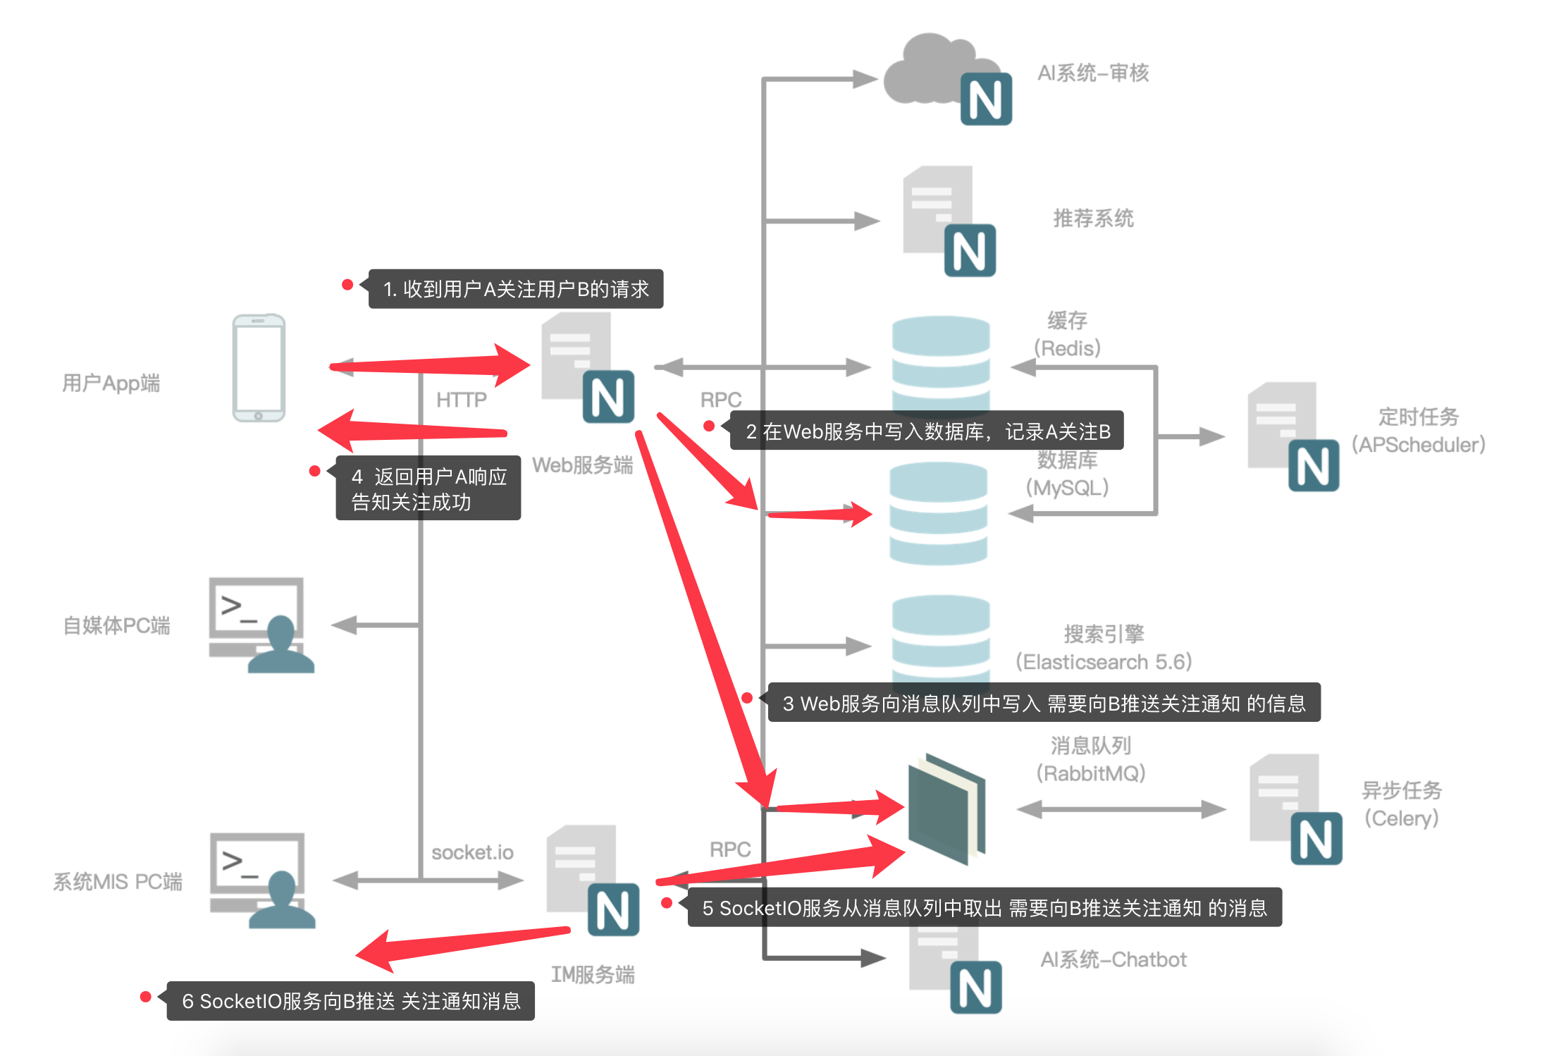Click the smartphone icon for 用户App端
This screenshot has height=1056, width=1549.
pyautogui.click(x=259, y=368)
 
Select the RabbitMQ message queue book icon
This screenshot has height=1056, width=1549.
pyautogui.click(x=946, y=809)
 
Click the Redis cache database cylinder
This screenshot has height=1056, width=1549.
pyautogui.click(x=941, y=364)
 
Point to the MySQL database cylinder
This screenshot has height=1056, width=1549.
pyautogui.click(x=938, y=514)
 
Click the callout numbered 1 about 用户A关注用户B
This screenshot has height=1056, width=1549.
pyautogui.click(x=515, y=289)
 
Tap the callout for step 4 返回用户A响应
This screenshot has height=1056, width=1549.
pyautogui.click(x=428, y=488)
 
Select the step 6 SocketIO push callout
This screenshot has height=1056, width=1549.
pyautogui.click(x=350, y=1001)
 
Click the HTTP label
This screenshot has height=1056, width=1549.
pyautogui.click(x=462, y=400)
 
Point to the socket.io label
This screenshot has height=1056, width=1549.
pyautogui.click(x=472, y=852)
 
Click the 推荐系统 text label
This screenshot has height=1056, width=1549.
pyautogui.click(x=1093, y=219)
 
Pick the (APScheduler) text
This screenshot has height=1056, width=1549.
pyautogui.click(x=1418, y=445)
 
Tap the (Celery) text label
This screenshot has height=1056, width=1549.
pyautogui.click(x=1401, y=818)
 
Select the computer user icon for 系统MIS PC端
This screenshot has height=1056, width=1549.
pyautogui.click(x=262, y=880)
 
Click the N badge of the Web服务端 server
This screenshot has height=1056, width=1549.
pyautogui.click(x=608, y=397)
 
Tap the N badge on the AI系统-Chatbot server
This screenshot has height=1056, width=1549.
pyautogui.click(x=976, y=987)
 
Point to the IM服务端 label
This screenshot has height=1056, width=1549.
pyautogui.click(x=593, y=974)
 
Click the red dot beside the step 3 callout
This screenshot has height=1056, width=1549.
pyautogui.click(x=747, y=698)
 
